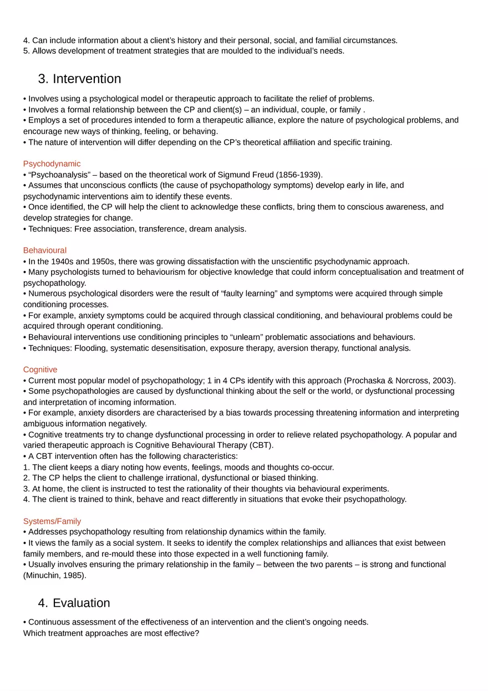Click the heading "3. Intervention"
(79, 79)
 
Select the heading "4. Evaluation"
(74, 603)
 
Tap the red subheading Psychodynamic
(52, 164)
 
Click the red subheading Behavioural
(45, 250)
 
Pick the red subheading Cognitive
(40, 370)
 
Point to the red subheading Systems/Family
(52, 521)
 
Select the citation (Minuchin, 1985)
(54, 576)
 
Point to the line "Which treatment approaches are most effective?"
(111, 633)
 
